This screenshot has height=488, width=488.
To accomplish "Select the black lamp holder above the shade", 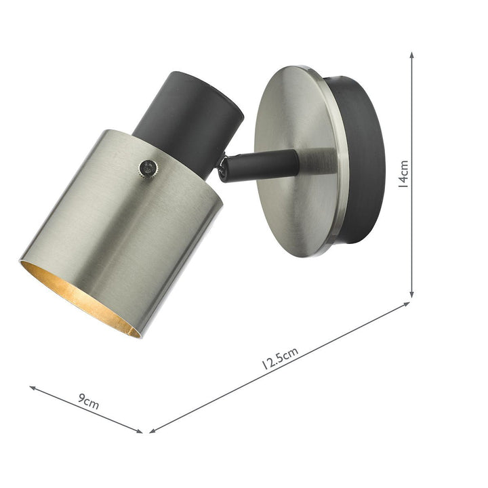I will (188, 115).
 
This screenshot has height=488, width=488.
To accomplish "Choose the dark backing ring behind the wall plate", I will (363, 163).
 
